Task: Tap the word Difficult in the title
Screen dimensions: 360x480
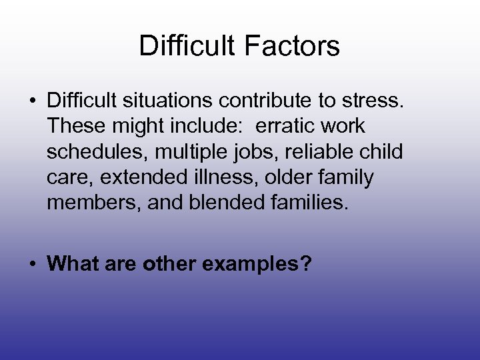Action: [x=187, y=46]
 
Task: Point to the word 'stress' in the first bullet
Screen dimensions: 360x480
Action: [x=375, y=101]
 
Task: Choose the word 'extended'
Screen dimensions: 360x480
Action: [x=143, y=177]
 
